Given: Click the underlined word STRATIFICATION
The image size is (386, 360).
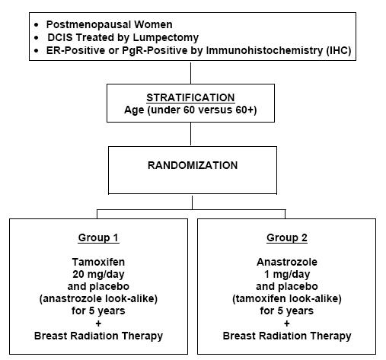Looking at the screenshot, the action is click(x=190, y=97).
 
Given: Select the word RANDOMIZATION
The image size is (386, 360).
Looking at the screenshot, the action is click(x=193, y=165).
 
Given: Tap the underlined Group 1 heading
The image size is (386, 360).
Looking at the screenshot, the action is click(x=98, y=237).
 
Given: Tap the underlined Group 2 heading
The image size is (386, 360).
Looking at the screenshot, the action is click(x=287, y=237).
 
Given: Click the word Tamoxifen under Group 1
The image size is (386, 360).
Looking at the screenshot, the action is click(x=98, y=262).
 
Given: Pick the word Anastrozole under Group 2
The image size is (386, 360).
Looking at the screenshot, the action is click(x=287, y=262).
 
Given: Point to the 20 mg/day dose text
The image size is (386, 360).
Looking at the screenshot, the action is click(x=98, y=274).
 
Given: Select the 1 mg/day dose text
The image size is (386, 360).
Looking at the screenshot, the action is click(x=287, y=274).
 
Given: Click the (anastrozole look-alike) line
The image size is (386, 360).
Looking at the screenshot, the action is click(x=98, y=298).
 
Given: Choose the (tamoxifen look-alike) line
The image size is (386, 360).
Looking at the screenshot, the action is click(x=287, y=298).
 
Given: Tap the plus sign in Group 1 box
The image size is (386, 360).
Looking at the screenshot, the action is click(x=98, y=323).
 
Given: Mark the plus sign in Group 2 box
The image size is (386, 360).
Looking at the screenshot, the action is click(x=287, y=323).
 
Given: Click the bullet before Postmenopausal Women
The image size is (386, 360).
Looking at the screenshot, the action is click(x=37, y=25).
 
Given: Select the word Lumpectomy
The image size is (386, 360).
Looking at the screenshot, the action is click(x=166, y=37).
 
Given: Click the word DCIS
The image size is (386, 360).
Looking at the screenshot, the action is click(x=60, y=37).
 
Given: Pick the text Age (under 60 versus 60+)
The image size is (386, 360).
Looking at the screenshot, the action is click(x=190, y=110).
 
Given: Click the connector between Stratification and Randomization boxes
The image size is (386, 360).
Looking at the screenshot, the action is click(x=190, y=134).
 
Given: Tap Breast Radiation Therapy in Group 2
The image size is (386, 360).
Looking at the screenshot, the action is click(x=287, y=336).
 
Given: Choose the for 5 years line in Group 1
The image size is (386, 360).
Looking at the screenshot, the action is click(x=98, y=311).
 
